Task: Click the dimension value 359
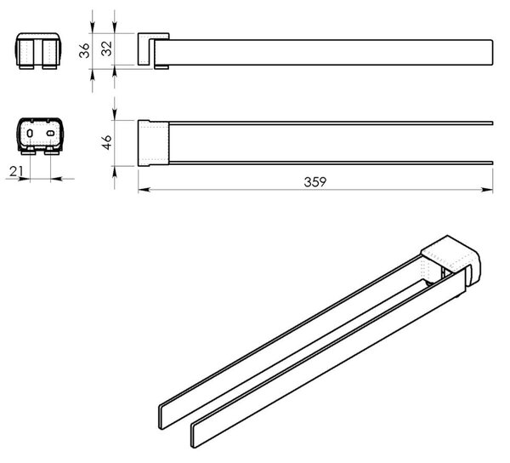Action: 314,181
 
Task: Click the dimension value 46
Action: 107,142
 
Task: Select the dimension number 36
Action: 84,50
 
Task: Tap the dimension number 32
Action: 106,49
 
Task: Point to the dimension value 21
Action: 16,171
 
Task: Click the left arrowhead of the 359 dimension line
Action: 144,190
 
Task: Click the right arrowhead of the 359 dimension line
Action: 487,190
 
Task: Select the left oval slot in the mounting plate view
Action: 30,133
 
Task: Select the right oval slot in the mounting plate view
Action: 50,133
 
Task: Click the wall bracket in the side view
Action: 145,49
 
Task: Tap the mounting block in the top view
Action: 153,143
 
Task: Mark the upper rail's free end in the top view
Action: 492,123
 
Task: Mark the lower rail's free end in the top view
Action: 492,163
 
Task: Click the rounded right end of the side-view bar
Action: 492,53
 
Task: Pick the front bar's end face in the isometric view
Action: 194,435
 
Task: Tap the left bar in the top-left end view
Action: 26,53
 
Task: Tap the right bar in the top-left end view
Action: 50,53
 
